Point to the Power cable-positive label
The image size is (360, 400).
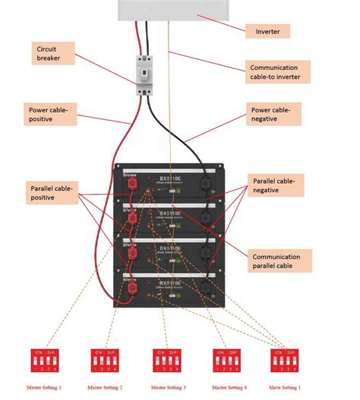coord(49,114)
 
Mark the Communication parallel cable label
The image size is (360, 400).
coord(276,262)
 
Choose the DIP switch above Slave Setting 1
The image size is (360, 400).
coord(284,360)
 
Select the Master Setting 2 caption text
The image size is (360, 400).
coord(104,388)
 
